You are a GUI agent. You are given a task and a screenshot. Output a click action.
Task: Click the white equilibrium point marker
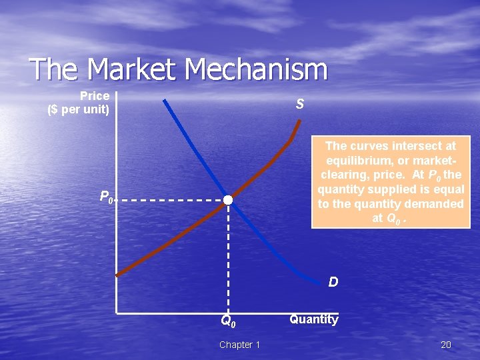click(x=228, y=200)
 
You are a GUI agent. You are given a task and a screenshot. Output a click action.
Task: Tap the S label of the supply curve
click(x=300, y=104)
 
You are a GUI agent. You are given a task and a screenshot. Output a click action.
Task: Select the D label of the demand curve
click(x=333, y=282)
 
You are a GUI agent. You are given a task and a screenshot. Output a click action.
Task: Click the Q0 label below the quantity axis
click(x=229, y=321)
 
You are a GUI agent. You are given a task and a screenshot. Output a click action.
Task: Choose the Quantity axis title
click(x=313, y=319)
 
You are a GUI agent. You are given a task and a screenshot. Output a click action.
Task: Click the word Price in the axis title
click(x=94, y=96)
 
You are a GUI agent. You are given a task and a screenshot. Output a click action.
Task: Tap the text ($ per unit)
click(x=79, y=109)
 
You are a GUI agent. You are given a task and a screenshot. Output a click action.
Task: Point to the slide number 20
click(x=446, y=345)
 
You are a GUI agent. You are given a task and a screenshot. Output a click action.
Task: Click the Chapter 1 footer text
click(x=240, y=345)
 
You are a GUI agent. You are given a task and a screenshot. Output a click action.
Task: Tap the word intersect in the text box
click(x=414, y=145)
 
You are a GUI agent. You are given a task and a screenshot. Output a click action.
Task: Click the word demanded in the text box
click(x=434, y=204)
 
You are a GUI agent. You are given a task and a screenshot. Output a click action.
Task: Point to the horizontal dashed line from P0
click(x=173, y=199)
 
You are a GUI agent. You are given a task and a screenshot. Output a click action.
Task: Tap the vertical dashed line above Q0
click(x=229, y=260)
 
